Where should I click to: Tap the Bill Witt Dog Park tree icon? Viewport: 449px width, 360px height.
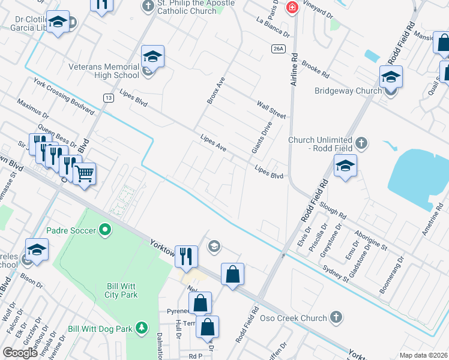point(141,328)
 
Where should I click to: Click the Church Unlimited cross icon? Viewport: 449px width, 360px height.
point(361,142)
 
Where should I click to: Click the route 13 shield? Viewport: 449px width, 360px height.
point(108,97)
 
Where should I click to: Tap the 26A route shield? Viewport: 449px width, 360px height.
point(277,48)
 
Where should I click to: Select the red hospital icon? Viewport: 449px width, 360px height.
point(292,7)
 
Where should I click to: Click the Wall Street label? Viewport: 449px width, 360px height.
point(272,109)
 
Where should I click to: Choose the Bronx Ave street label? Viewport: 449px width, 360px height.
point(215,91)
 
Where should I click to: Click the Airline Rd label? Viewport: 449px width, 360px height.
point(294,70)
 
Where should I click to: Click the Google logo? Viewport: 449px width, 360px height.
point(20,353)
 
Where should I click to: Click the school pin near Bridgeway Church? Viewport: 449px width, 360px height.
point(391,77)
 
